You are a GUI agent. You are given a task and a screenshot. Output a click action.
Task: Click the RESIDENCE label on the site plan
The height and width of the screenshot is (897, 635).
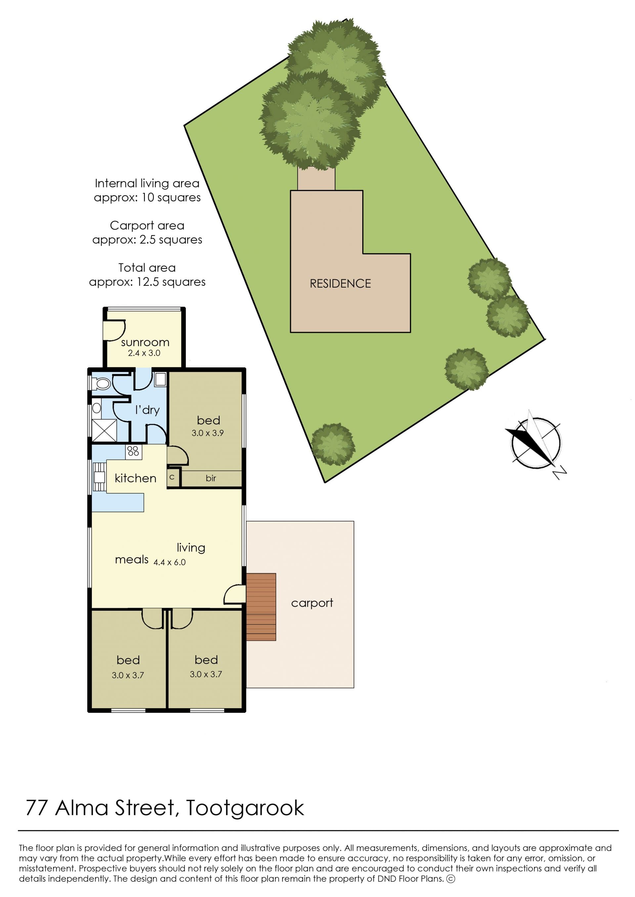tap(340, 283)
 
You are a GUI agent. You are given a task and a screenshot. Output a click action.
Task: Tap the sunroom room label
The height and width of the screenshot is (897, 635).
tap(145, 343)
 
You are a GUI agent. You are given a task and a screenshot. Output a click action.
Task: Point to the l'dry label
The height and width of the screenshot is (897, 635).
tap(148, 410)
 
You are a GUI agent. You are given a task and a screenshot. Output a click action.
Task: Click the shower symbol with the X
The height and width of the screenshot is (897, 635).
tap(104, 431)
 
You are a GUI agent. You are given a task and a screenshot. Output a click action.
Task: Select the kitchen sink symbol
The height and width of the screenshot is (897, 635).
tap(99, 477)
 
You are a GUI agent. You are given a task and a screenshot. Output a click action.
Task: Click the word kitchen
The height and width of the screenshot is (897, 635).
tap(135, 478)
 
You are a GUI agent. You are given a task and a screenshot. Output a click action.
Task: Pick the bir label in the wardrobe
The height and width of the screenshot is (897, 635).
tap(211, 478)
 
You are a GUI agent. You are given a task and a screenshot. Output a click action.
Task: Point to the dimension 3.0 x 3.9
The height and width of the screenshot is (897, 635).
tap(207, 433)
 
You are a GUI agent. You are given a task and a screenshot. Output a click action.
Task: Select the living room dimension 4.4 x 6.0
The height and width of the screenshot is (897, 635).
tap(169, 562)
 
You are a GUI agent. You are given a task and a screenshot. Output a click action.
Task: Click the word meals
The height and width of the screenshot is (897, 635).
tap(131, 560)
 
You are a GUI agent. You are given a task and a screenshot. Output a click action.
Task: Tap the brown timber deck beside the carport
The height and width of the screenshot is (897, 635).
tap(261, 607)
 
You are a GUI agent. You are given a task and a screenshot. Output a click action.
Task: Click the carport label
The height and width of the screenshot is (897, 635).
tap(312, 603)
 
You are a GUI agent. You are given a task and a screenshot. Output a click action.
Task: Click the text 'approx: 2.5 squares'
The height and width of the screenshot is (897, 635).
tap(147, 240)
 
